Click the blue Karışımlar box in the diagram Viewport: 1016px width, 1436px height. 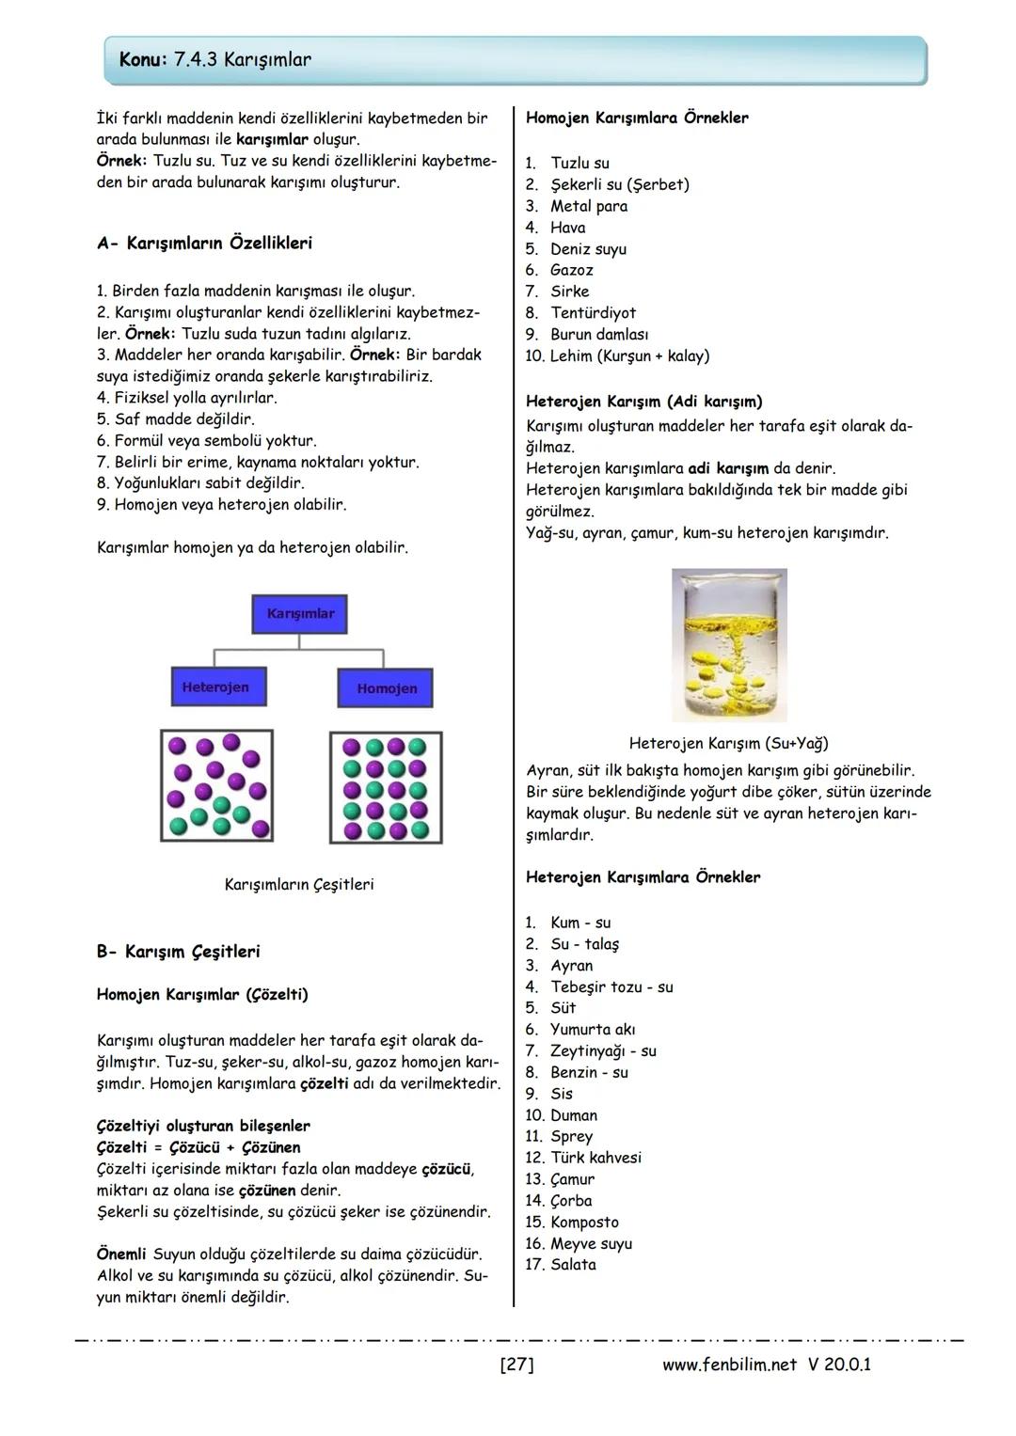tap(299, 613)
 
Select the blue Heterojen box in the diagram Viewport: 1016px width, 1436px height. tap(217, 686)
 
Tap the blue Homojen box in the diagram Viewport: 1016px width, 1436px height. tap(386, 687)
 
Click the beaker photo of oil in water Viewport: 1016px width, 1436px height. tap(729, 644)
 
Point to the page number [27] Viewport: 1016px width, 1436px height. tap(516, 1364)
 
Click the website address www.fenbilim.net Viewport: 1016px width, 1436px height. tap(729, 1364)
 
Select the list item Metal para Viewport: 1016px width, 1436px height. tap(588, 206)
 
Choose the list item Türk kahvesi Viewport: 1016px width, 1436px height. tap(595, 1158)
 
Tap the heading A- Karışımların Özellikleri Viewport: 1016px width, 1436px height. tap(204, 243)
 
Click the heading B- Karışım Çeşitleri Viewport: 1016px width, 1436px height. tap(178, 951)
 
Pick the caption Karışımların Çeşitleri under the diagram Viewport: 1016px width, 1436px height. tap(299, 884)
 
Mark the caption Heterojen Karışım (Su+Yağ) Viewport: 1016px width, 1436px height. tap(728, 743)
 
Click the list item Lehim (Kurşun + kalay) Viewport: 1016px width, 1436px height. tap(629, 355)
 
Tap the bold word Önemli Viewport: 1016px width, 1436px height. tap(121, 1255)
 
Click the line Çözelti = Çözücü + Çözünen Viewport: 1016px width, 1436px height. tap(198, 1147)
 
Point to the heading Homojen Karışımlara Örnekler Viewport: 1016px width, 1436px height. tap(637, 118)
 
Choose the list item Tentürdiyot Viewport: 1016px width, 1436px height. tap(593, 313)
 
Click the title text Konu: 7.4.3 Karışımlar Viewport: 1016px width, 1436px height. tap(215, 59)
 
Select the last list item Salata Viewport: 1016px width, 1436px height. tap(573, 1265)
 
